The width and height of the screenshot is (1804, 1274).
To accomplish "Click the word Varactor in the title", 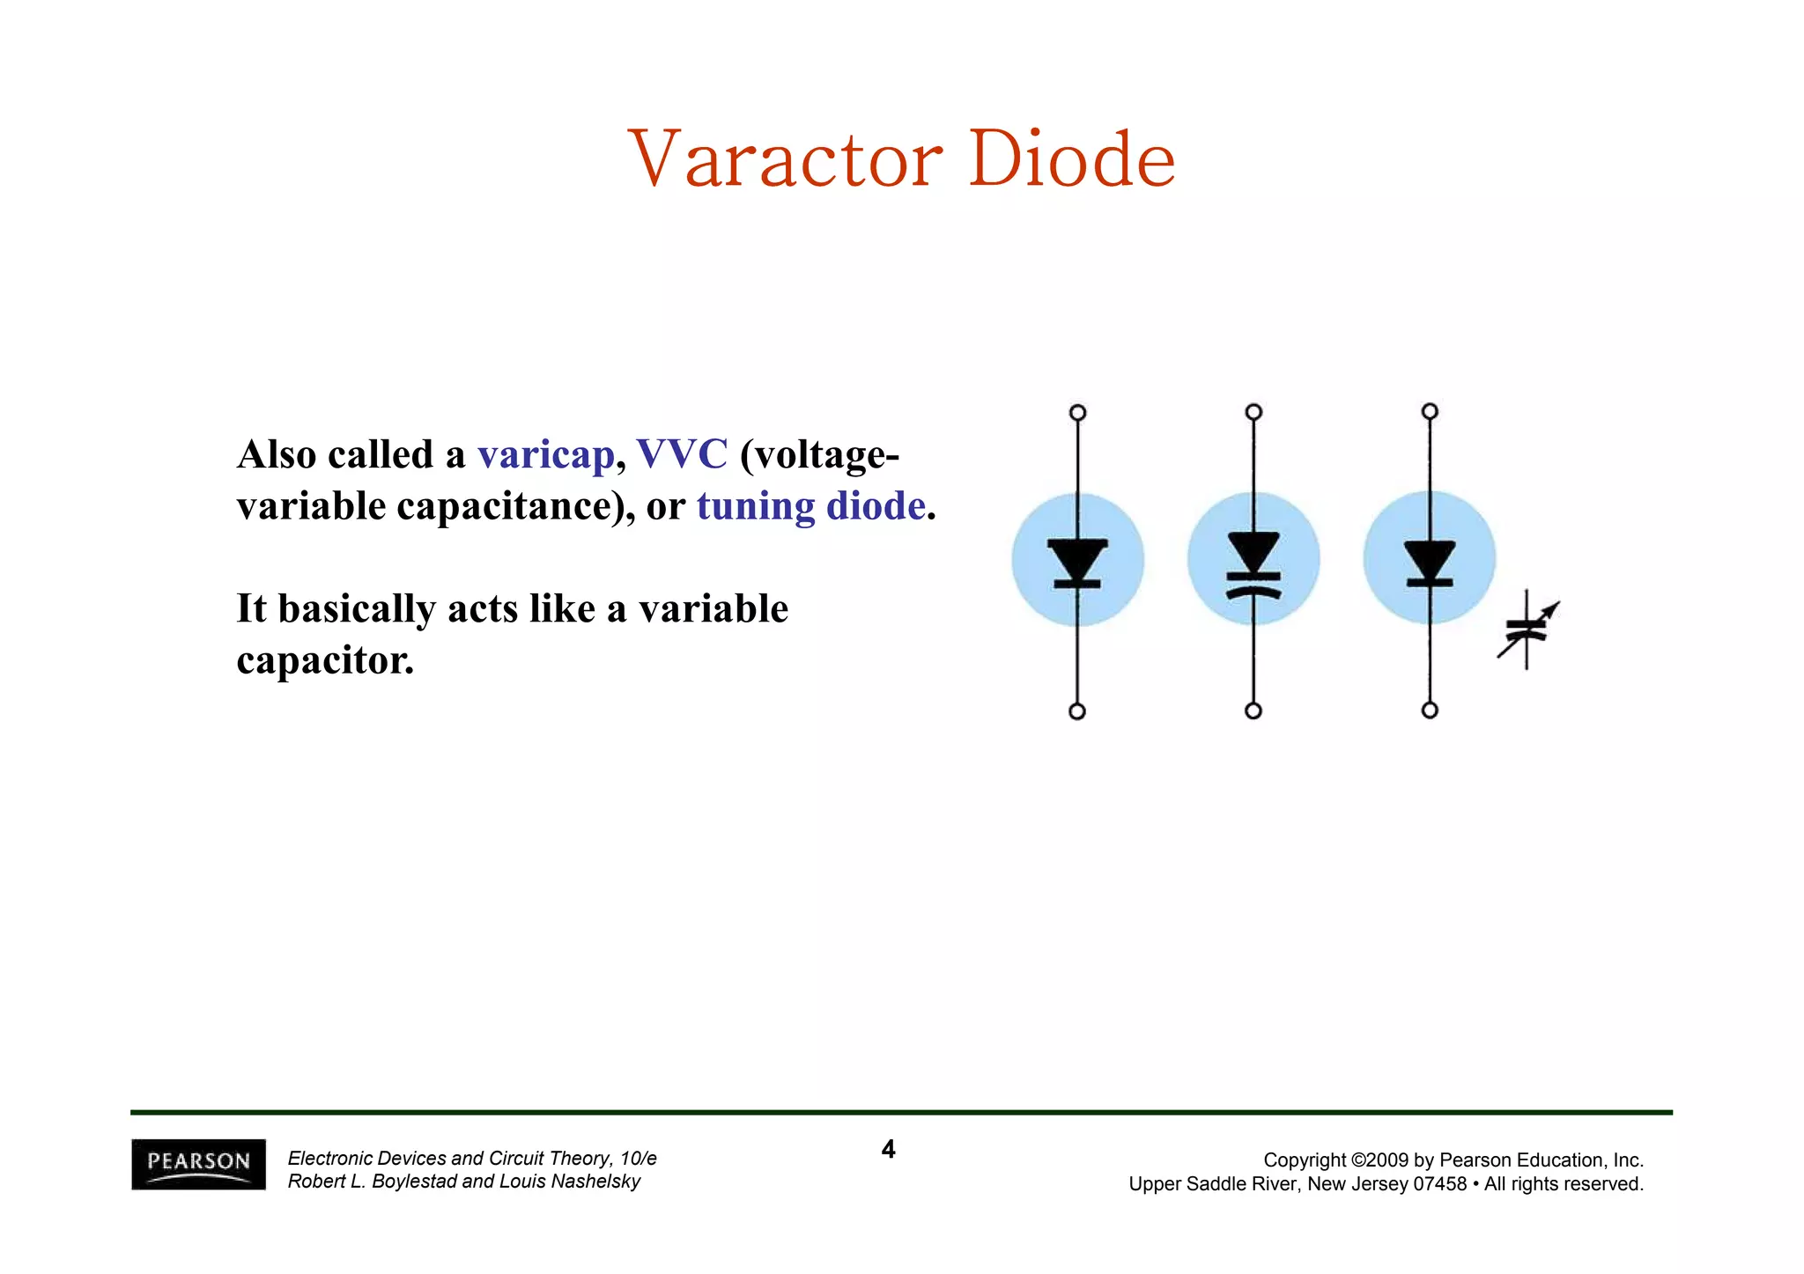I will (785, 160).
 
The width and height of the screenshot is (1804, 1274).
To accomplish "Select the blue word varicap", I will (545, 455).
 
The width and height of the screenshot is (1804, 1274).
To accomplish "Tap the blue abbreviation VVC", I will (682, 455).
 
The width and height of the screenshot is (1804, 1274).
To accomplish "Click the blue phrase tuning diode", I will (810, 506).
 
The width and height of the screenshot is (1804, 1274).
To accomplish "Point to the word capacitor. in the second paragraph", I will (325, 660).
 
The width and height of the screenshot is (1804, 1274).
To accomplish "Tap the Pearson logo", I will (198, 1164).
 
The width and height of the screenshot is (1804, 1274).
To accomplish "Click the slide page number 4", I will (888, 1149).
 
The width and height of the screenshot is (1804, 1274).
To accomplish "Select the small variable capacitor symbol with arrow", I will (1527, 629).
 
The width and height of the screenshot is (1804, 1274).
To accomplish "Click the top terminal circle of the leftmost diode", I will (1077, 413).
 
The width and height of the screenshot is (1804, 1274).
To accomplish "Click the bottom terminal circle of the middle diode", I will (1253, 711).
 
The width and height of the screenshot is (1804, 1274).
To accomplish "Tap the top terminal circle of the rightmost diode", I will (1430, 411).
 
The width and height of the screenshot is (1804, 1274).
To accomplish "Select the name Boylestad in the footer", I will (413, 1182).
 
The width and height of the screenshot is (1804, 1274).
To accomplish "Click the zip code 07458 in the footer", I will (1439, 1184).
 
